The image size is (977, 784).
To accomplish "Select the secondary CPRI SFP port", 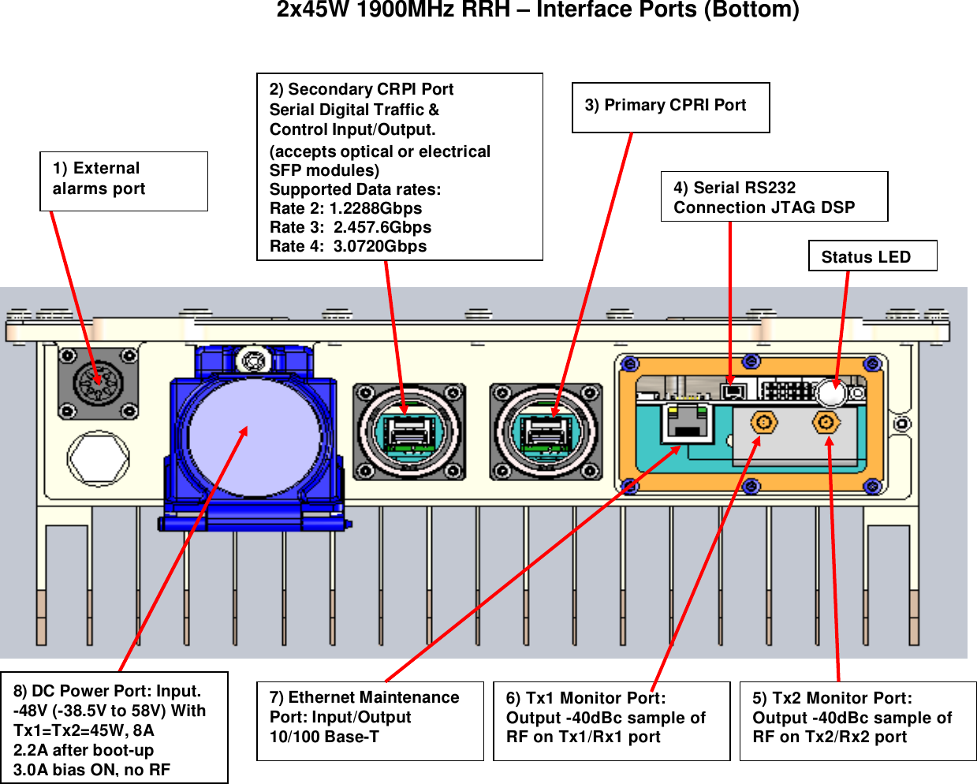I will (x=408, y=432).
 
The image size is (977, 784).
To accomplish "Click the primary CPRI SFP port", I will (x=546, y=432).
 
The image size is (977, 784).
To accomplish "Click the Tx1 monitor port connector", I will (x=763, y=424).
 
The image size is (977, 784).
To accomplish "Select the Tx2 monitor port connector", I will (x=826, y=424).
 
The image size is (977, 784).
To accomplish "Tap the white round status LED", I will (x=830, y=393).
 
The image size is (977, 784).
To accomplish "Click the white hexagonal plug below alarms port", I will (x=99, y=457).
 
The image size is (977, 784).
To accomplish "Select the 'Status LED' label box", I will (x=872, y=256).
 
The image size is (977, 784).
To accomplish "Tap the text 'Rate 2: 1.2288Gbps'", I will (x=345, y=208).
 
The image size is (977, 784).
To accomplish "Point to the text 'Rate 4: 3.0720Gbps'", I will (x=348, y=246).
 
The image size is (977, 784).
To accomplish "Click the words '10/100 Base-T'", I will (x=324, y=737).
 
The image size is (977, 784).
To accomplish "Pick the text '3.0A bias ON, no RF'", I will (x=91, y=770).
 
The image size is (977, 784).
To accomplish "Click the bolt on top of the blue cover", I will (x=252, y=361).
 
